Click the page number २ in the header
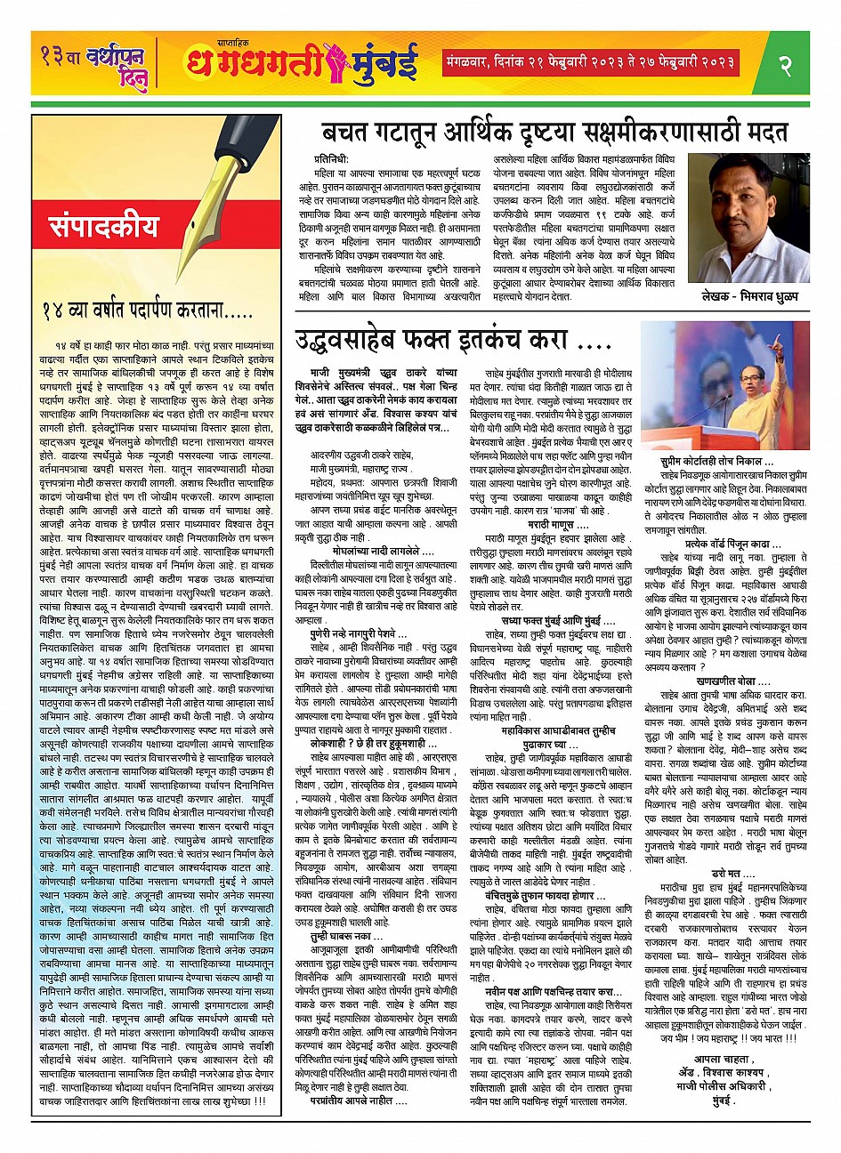coord(785,66)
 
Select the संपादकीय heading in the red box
coord(98,228)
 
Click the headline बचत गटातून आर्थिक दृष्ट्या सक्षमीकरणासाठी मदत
coord(554,132)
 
